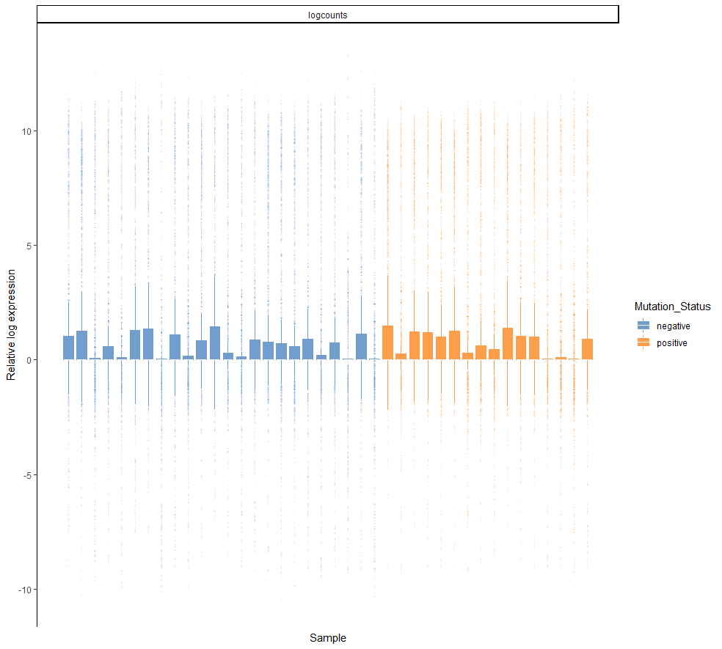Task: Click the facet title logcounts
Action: point(328,15)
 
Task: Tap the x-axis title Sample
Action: point(328,637)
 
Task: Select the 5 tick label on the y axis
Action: point(26,246)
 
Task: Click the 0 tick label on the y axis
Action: point(26,360)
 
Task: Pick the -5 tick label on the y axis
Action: point(24,475)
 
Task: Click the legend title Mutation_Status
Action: point(672,307)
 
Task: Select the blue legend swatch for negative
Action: point(643,326)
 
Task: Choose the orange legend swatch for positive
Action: point(643,342)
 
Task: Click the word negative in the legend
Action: point(673,326)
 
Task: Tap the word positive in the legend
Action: point(672,342)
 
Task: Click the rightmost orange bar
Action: point(587,349)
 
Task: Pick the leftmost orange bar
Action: point(387,342)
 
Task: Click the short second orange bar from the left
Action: point(401,356)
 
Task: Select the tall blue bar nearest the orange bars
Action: point(361,347)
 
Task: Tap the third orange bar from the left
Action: point(414,345)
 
